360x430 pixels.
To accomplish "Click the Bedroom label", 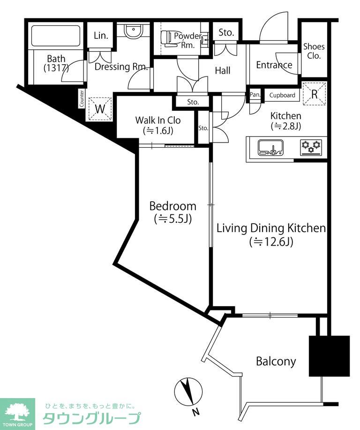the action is pos(172,206).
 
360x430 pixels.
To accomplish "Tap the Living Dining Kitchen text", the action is pos(271,228).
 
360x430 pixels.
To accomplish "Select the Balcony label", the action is pos(276,361).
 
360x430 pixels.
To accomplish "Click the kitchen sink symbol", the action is pos(270,148).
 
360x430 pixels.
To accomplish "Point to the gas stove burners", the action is pos(311,147).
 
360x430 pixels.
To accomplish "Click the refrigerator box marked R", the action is pos(315,94).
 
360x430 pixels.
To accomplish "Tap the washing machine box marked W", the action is pos(100,109).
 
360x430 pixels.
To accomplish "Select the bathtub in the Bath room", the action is pos(56,36).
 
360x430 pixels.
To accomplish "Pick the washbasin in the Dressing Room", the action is pos(133,31).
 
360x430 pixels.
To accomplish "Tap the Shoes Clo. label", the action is pos(314,51).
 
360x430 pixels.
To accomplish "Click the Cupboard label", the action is pos(282,95).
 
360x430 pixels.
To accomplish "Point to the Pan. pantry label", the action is pos(255,95).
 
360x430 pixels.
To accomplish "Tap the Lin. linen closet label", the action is pos(101,36).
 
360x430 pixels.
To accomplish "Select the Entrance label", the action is pos(274,65).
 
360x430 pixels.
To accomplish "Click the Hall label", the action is pos(222,70).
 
